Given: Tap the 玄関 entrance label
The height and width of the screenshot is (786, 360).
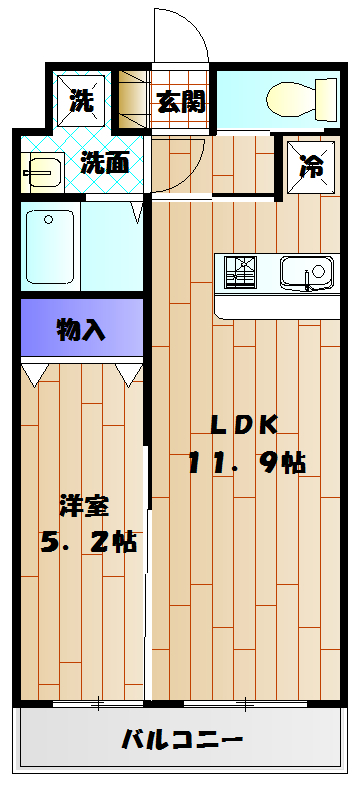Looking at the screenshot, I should coord(181,101).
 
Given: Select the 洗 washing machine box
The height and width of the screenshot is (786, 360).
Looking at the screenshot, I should coord(81,99).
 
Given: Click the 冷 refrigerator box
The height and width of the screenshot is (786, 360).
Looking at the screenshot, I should coord(311,164).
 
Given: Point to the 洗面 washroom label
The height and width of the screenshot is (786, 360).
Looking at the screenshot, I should coord(104,162).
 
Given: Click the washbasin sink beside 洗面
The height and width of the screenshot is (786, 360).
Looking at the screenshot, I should coord(41,173).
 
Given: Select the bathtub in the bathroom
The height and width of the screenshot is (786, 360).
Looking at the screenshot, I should coord(50,248).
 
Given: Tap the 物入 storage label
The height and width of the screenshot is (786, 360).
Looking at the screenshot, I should coord(82,331).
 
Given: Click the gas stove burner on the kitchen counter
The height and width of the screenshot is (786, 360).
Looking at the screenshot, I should coord(241,270).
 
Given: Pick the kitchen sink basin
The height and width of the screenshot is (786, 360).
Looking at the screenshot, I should coord(304,271).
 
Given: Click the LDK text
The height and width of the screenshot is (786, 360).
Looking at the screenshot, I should coord(242,424).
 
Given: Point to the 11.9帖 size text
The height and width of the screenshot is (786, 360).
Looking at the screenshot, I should coord(247,463).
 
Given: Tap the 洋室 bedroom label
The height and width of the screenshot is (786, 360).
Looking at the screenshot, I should coord(84,504).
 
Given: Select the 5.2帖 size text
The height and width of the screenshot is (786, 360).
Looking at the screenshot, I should coord(88,542).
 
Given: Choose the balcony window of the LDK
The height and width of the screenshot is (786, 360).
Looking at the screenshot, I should coord(245,705).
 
